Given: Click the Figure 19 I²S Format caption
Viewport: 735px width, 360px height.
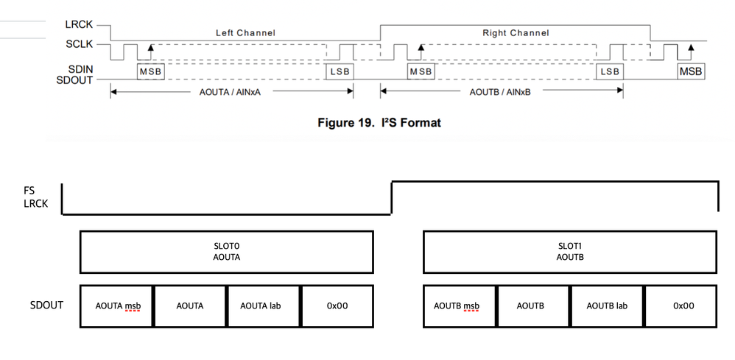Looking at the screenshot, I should click(x=379, y=122).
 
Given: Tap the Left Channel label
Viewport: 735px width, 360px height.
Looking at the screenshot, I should click(x=245, y=33).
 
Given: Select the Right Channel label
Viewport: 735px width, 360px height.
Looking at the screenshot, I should click(x=516, y=33).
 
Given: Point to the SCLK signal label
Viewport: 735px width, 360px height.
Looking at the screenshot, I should click(x=79, y=45).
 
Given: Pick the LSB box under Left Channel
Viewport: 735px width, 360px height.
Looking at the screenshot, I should click(x=340, y=71).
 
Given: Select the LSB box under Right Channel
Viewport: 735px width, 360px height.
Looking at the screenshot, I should click(x=610, y=71).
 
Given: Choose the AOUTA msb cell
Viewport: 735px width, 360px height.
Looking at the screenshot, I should click(x=117, y=305).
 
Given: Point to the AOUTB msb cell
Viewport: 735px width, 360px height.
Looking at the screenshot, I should click(x=460, y=305).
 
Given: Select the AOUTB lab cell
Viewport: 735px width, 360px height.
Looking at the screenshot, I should click(x=607, y=305).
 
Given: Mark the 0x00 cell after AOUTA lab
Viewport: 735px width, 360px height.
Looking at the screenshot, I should click(x=337, y=305).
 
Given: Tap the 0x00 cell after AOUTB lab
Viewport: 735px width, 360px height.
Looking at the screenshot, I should click(x=681, y=305).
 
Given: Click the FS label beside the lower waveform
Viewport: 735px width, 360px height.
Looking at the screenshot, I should click(x=29, y=190).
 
